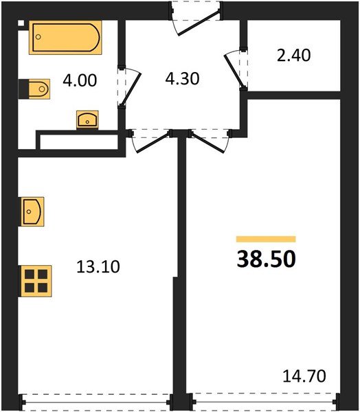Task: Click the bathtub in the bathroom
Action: [x=65, y=38]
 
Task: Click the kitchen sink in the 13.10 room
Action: [x=32, y=211]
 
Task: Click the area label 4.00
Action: [x=80, y=81]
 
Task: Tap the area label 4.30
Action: [x=181, y=78]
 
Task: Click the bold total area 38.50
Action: [x=265, y=260]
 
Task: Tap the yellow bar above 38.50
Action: [x=265, y=239]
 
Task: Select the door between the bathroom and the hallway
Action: [x=128, y=86]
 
